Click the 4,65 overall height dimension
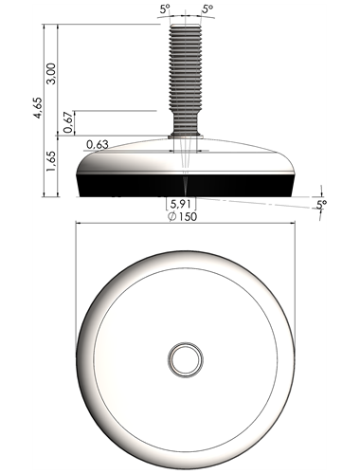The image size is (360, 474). click(38, 108)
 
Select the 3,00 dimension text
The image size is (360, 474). click(51, 74)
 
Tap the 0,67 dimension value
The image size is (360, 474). click(69, 123)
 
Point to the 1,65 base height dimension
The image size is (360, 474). click(51, 161)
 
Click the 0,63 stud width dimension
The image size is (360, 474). click(98, 144)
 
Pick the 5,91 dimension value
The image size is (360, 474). click(181, 204)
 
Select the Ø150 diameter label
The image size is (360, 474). click(183, 216)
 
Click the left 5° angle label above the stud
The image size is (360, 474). click(165, 9)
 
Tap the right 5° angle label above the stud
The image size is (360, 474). click(207, 9)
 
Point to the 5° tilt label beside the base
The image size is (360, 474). click(321, 205)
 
